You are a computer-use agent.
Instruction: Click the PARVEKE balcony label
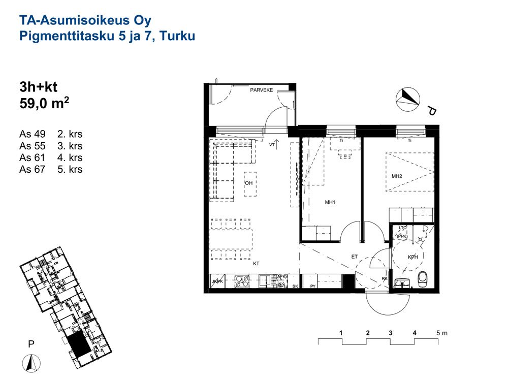click(262, 90)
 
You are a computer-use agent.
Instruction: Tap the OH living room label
click(248, 183)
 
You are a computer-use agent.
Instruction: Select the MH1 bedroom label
click(330, 202)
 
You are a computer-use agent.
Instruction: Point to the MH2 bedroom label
click(397, 176)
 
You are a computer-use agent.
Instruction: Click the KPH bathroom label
click(412, 257)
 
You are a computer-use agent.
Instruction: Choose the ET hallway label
click(355, 257)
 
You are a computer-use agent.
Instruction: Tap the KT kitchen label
click(256, 264)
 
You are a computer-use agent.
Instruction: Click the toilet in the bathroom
click(423, 279)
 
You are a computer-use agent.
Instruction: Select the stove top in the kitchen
click(242, 281)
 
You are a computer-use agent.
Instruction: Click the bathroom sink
click(403, 283)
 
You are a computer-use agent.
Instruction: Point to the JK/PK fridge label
click(217, 281)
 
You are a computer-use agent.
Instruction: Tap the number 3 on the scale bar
click(390, 333)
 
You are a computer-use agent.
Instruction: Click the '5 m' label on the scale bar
click(441, 333)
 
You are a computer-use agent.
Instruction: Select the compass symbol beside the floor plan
click(408, 100)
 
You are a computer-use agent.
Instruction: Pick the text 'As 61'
click(32, 157)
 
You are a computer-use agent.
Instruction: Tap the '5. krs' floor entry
click(70, 169)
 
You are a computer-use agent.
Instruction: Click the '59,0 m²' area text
click(44, 103)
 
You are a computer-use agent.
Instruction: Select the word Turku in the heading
click(177, 36)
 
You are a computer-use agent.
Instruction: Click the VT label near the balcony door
click(272, 145)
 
